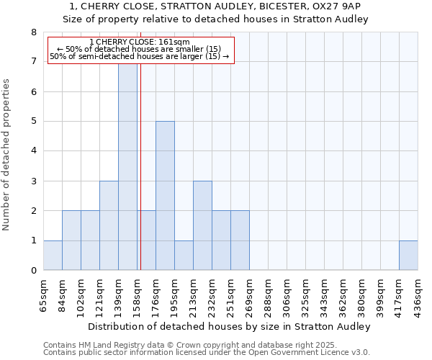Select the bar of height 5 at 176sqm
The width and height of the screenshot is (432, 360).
coord(165,196)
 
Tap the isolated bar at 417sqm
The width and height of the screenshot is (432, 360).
coord(408,256)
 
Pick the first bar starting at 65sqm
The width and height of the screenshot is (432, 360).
coord(53,256)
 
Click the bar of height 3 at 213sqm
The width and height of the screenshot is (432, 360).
coord(202,225)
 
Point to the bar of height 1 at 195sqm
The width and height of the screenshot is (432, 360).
coord(184,256)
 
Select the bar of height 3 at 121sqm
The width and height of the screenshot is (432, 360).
coord(109,225)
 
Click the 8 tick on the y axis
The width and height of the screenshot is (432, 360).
coord(33,32)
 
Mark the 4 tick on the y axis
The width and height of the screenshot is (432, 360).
coord(33,151)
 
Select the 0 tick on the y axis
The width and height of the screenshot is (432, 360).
coord(33,271)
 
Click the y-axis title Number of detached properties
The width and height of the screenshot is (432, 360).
coord(7,155)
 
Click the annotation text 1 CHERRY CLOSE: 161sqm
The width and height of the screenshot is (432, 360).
coord(140,42)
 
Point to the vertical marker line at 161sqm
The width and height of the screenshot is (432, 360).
coord(140,180)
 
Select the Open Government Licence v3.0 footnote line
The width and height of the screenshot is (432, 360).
coord(207,352)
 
